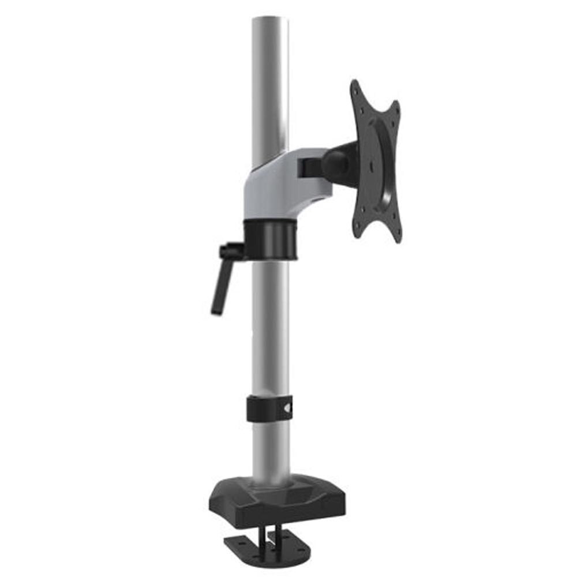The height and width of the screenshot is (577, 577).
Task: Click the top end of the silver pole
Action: [269, 20]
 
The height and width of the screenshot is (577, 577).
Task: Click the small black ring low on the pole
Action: [269, 409]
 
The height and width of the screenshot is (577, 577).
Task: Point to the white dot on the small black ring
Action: [288, 409]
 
